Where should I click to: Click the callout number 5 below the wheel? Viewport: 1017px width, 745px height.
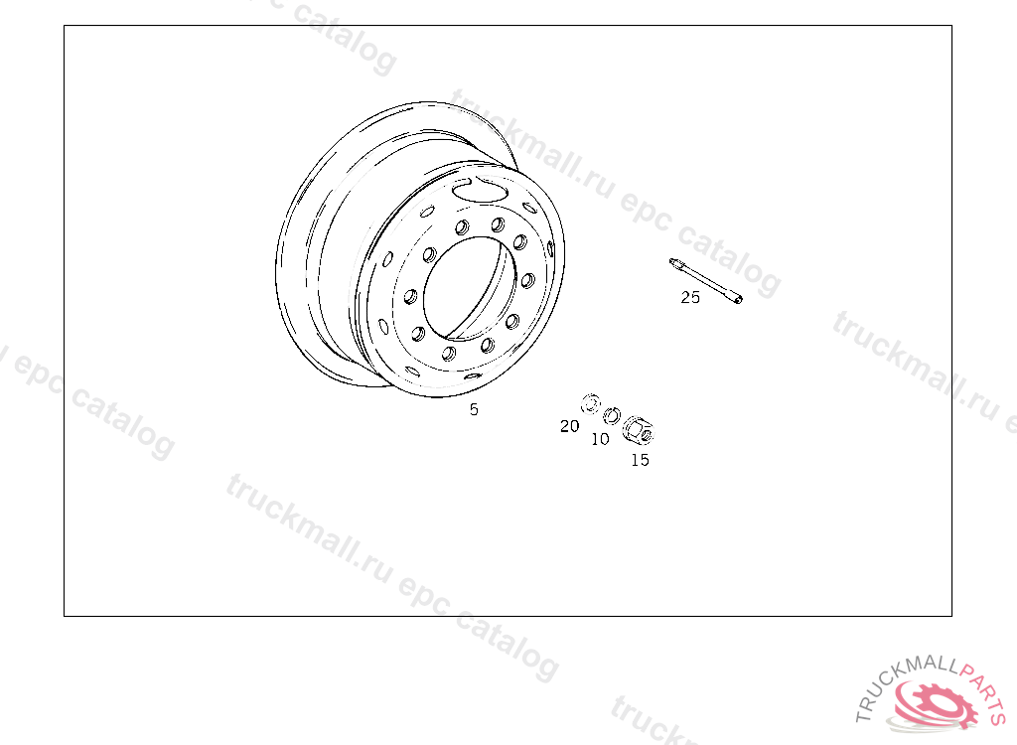pyautogui.click(x=474, y=409)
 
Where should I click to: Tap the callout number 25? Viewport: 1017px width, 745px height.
pyautogui.click(x=690, y=297)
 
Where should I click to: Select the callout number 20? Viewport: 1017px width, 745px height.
pyautogui.click(x=569, y=426)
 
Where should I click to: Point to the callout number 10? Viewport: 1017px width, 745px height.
pyautogui.click(x=600, y=439)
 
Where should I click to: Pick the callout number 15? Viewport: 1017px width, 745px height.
pyautogui.click(x=640, y=460)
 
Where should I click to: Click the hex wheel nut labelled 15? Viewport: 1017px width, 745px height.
pyautogui.click(x=639, y=430)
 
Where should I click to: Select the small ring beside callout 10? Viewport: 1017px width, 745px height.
pyautogui.click(x=612, y=415)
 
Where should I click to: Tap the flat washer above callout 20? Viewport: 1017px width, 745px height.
pyautogui.click(x=591, y=404)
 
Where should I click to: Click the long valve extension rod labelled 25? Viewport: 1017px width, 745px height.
pyautogui.click(x=706, y=281)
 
